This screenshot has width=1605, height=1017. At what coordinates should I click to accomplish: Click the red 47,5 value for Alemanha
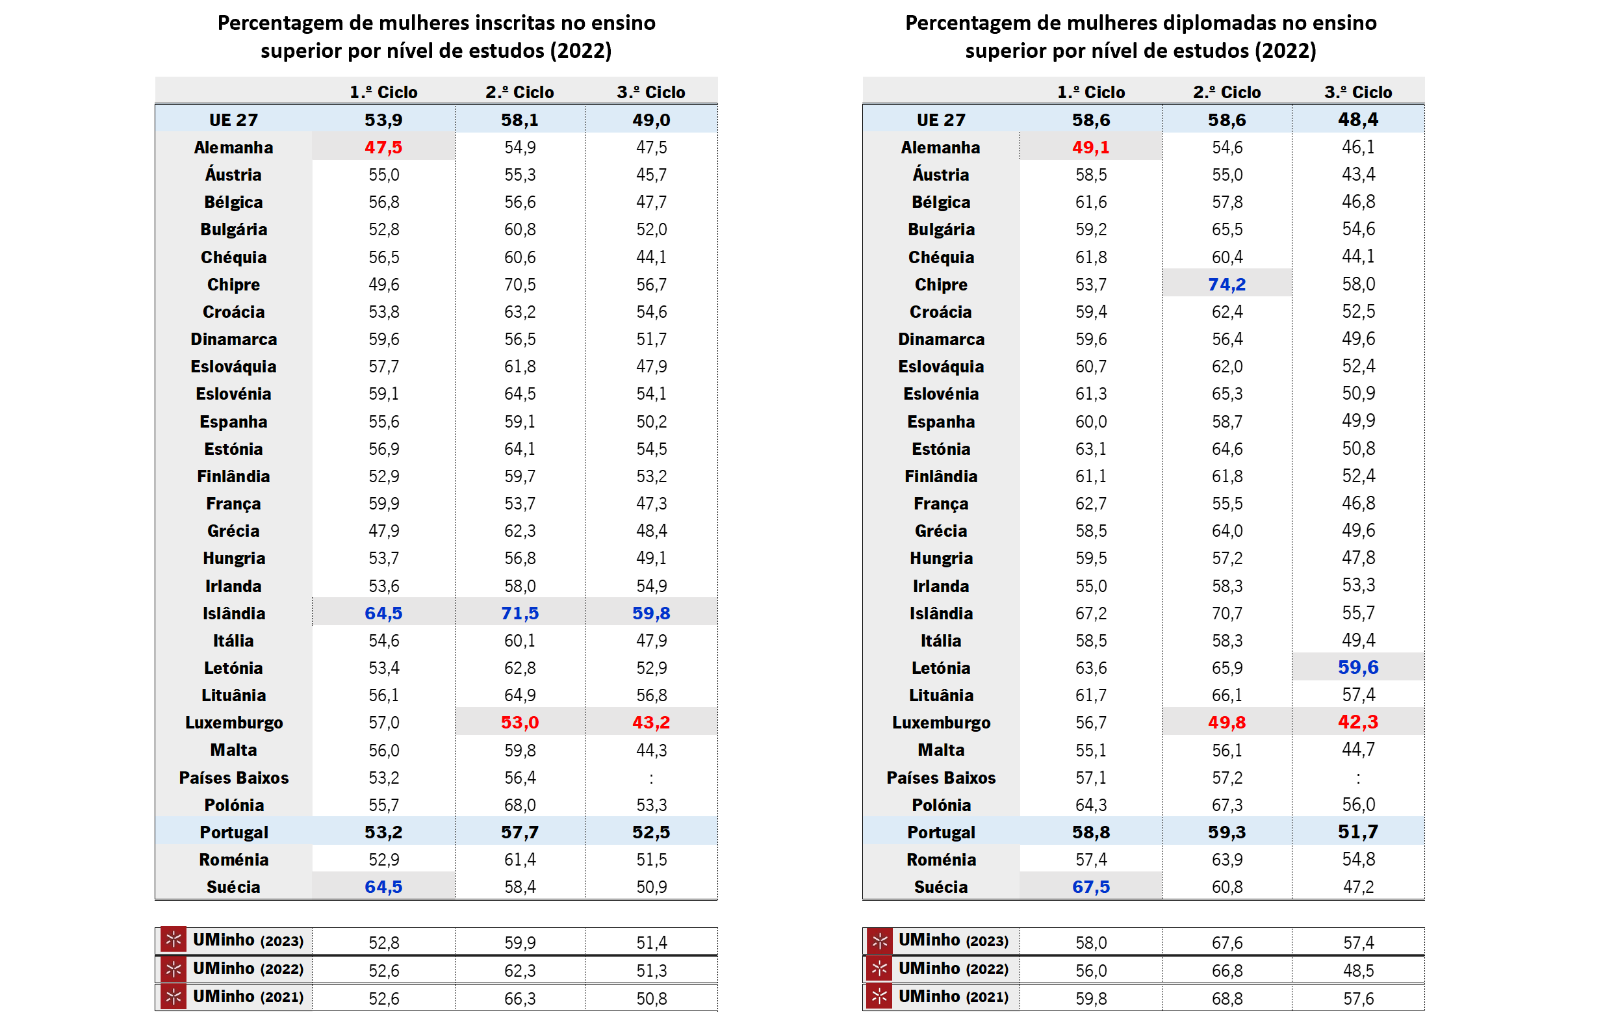click(x=383, y=148)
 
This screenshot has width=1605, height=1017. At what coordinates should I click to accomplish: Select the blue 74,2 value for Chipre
click(x=1226, y=285)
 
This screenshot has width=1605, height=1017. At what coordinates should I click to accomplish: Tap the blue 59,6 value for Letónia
click(x=1357, y=667)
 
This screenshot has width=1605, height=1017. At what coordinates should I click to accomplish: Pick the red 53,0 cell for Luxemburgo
click(x=519, y=723)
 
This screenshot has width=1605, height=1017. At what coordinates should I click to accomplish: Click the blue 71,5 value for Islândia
click(x=519, y=613)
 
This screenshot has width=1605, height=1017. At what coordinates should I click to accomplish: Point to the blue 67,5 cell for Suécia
click(x=1090, y=887)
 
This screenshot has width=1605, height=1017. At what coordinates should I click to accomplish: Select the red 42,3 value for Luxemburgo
click(x=1357, y=722)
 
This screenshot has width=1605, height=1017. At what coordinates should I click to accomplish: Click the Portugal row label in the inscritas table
click(x=234, y=832)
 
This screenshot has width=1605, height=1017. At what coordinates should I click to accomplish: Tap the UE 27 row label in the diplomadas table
click(x=940, y=120)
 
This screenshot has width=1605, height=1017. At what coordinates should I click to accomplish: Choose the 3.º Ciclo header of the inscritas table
click(x=650, y=92)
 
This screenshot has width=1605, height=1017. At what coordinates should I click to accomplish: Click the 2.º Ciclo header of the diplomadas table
click(x=1226, y=92)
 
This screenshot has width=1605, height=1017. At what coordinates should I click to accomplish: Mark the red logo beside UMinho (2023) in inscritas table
click(x=173, y=940)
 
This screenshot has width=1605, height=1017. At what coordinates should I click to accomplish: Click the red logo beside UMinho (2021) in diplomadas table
click(x=879, y=996)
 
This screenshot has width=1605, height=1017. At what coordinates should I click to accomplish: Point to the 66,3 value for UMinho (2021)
click(x=519, y=998)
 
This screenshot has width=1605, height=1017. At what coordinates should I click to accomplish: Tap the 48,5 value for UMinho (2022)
click(x=1357, y=970)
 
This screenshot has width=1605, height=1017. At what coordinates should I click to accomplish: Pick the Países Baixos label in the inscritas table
click(x=234, y=778)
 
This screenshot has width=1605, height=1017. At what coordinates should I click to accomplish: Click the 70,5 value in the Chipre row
click(x=519, y=285)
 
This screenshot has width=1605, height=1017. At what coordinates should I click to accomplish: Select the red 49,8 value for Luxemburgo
click(x=1226, y=723)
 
